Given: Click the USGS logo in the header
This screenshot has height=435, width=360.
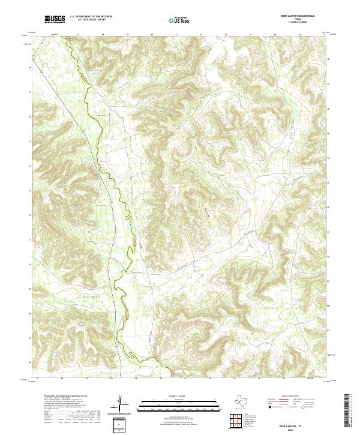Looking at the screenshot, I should [55, 19].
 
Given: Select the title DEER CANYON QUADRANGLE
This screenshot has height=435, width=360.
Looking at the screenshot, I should [306, 16].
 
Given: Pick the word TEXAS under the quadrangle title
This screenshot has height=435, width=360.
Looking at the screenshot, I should [306, 19].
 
